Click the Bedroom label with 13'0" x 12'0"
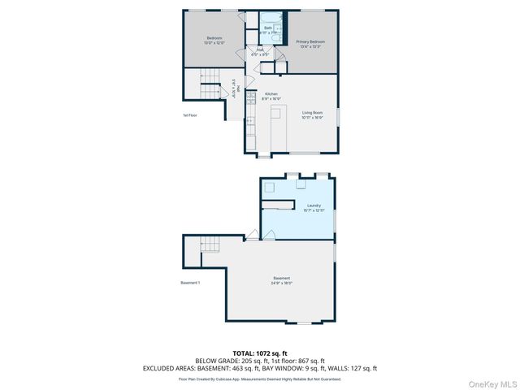[214, 41]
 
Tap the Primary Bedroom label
[310, 42]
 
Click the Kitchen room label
[271, 96]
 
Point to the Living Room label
[312, 115]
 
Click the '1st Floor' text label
[190, 115]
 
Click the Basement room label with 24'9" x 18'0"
[281, 281]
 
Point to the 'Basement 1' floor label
[190, 282]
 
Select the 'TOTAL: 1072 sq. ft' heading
[260, 353]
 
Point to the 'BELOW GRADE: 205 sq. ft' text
[227, 361]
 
